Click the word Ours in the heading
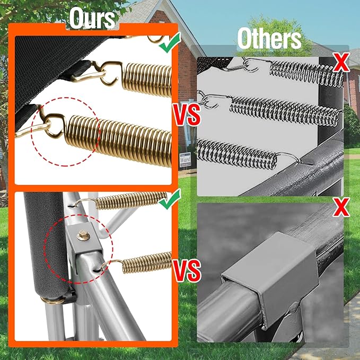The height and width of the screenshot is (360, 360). [92, 19]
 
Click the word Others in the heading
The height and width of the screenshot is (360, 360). [269, 39]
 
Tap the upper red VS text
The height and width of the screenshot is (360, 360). [187, 115]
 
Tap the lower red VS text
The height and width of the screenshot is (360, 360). [187, 270]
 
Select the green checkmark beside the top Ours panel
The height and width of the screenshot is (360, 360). [170, 42]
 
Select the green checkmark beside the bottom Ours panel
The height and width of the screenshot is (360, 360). [170, 199]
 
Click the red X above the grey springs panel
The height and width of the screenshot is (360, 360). [341, 62]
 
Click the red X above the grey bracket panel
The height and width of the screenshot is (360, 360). [341, 207]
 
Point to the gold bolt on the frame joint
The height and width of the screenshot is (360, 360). [83, 235]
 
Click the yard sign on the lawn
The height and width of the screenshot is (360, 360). [185, 160]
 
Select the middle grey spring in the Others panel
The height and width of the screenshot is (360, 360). [284, 112]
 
